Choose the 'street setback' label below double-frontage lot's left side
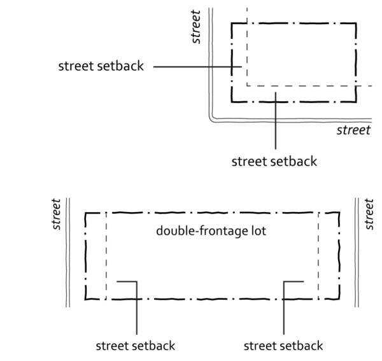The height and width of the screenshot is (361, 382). click(x=134, y=346)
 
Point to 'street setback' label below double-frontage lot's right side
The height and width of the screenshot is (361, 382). click(x=283, y=346)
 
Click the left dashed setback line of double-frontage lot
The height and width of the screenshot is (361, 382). click(x=106, y=255)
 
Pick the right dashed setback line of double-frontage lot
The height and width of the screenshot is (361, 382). click(x=318, y=255)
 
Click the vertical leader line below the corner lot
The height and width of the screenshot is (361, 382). click(x=275, y=121)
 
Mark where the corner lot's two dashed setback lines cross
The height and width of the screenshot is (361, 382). click(x=246, y=85)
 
